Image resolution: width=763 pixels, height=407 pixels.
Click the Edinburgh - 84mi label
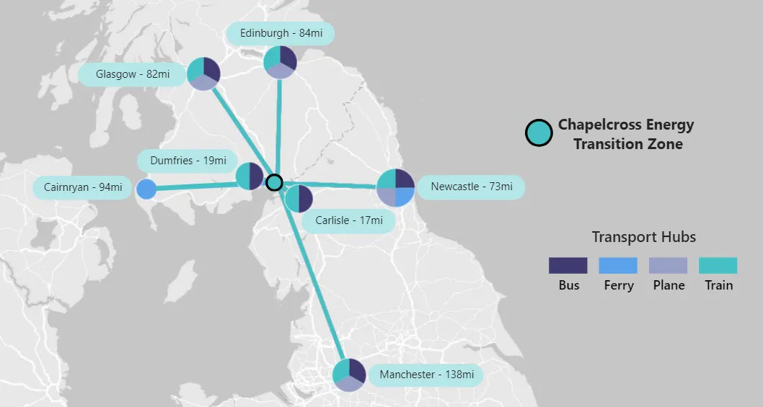tap(280, 33)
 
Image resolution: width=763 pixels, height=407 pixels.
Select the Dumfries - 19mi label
tap(188, 161)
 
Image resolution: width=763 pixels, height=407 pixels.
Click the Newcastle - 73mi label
tap(471, 187)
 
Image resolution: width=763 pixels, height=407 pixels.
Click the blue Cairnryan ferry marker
tap(146, 189)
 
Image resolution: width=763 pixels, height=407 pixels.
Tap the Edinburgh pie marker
tap(280, 63)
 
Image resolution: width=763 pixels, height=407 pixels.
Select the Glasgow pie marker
tap(203, 74)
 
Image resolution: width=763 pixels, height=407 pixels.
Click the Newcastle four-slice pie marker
tap(395, 187)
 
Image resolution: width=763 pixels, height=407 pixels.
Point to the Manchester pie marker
tap(349, 375)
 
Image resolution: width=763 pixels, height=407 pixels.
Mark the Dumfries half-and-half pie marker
tap(250, 176)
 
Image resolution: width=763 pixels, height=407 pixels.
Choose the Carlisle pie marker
tap(299, 199)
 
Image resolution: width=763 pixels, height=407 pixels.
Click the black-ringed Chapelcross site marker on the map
tap(274, 182)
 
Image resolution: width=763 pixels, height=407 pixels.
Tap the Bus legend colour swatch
tap(568, 265)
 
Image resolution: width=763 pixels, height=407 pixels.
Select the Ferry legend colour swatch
tap(618, 265)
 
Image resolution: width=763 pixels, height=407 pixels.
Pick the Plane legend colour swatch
tap(669, 265)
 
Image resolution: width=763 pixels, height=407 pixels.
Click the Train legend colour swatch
tap(718, 265)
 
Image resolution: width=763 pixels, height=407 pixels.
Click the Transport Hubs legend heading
tap(643, 237)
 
